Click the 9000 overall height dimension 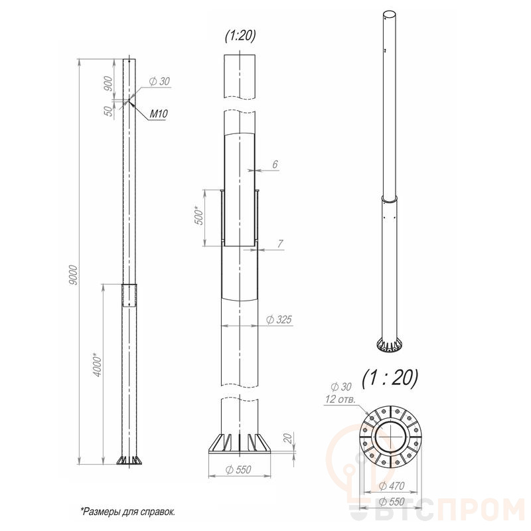[x=74, y=275]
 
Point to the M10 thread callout [x=159, y=114]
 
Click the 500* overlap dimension [x=200, y=215]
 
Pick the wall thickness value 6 [x=275, y=164]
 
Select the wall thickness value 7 [x=280, y=244]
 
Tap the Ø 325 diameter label [x=279, y=319]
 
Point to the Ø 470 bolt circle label [x=392, y=486]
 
